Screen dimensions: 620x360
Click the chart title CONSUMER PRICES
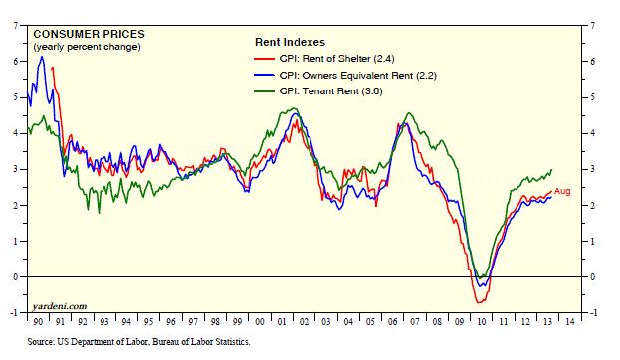89,34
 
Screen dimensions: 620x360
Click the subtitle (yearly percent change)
87,47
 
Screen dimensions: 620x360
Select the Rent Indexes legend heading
290,42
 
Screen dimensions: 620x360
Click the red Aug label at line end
562,191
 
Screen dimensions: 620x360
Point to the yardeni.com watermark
60,306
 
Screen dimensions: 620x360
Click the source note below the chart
138,342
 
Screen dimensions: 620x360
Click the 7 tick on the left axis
16,26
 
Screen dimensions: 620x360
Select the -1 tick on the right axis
592,313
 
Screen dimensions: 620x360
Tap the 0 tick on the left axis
16,277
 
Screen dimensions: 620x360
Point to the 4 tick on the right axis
593,133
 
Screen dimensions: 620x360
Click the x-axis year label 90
38,322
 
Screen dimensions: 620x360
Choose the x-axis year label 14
570,322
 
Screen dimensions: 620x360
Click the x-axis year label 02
304,322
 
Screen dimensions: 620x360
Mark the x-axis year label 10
482,322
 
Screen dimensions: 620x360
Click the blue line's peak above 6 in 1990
42,57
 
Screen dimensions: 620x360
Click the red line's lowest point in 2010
479,302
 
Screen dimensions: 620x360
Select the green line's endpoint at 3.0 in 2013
551,170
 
